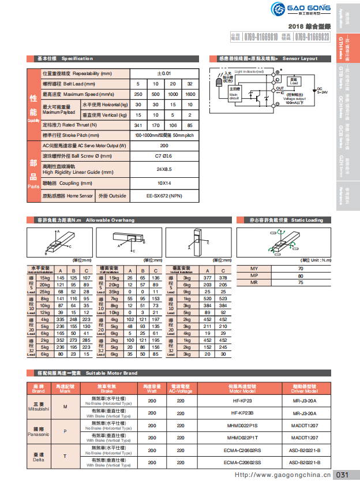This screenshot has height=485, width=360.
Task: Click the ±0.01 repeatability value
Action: click(164, 73)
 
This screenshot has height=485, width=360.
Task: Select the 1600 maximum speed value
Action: click(190, 94)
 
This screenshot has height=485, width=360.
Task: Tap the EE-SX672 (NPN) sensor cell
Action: click(164, 196)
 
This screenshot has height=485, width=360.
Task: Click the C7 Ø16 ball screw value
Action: click(164, 156)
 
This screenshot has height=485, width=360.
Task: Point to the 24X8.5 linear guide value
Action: click(164, 169)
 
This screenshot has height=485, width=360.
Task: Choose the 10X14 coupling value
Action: click(164, 183)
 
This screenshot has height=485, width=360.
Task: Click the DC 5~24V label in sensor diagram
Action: click(322, 91)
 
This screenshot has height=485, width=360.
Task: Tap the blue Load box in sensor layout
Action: click(294, 82)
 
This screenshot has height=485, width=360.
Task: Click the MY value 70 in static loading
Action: click(300, 269)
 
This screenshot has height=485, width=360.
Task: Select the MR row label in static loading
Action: click(254, 283)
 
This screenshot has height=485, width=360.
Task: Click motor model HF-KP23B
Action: click(242, 413)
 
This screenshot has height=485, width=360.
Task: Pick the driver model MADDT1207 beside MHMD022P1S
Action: click(304, 425)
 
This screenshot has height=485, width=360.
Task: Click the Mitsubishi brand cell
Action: click(38, 406)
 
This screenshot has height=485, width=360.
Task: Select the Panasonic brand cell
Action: click(38, 431)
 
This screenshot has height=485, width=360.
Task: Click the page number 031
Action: click(342, 475)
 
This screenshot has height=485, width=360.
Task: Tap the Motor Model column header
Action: click(242, 388)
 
